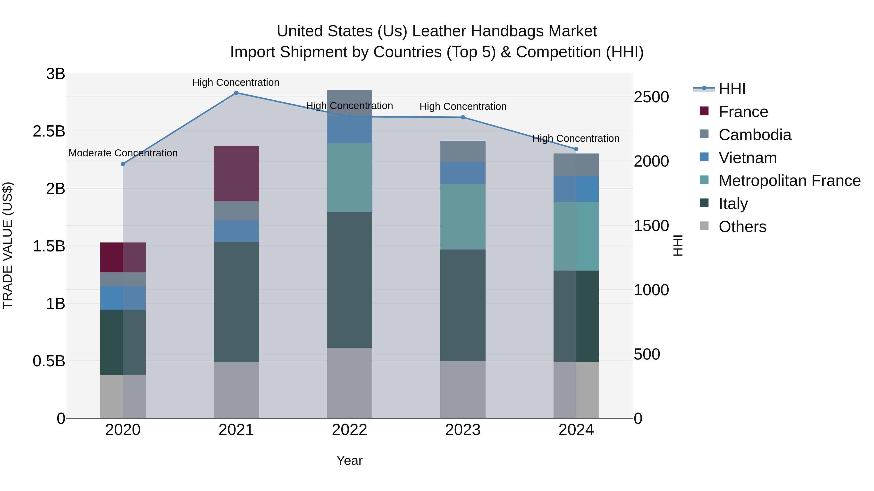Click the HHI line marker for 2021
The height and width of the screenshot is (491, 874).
[x=236, y=93]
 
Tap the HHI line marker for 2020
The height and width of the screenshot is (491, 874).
[x=123, y=164]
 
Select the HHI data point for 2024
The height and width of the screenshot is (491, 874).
[x=576, y=149]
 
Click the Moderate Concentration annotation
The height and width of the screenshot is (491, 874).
[x=123, y=153]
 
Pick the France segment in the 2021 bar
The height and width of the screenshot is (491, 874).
[x=236, y=174]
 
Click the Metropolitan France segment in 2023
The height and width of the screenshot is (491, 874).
[x=463, y=217]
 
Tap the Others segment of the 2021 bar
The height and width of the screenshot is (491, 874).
[x=236, y=390]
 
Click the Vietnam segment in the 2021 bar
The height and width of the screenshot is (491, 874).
[x=236, y=231]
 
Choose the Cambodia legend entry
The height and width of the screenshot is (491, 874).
[x=755, y=135]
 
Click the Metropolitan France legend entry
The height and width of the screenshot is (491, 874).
[x=789, y=181]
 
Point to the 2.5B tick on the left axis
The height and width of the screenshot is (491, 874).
[x=49, y=131]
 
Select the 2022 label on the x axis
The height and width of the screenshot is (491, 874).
[x=349, y=430]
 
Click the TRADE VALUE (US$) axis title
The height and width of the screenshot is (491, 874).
[x=8, y=246]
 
